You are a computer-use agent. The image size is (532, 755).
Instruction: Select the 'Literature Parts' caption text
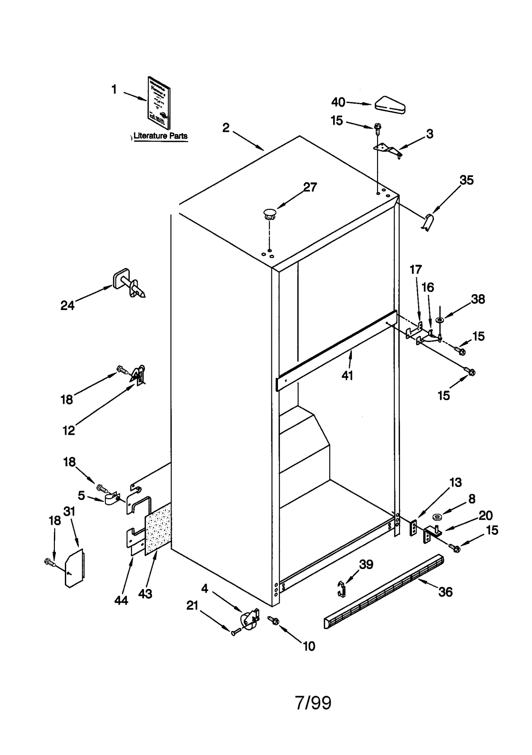tap(160, 136)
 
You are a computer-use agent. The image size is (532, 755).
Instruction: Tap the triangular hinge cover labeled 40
tap(390, 105)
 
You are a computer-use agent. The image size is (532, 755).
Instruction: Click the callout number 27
tap(310, 187)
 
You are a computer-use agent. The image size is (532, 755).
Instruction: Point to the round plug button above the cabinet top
tap(270, 214)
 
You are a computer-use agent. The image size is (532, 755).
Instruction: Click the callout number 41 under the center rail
tap(347, 376)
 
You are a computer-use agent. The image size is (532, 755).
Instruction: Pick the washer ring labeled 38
tap(440, 320)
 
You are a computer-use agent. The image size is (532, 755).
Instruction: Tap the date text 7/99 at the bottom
tap(313, 703)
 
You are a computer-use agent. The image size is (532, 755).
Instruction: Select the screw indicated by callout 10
tap(274, 621)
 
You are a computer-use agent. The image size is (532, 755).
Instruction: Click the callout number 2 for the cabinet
tap(226, 128)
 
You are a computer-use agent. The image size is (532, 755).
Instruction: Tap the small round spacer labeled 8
tap(437, 517)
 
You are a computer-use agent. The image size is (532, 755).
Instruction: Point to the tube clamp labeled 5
tap(112, 499)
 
